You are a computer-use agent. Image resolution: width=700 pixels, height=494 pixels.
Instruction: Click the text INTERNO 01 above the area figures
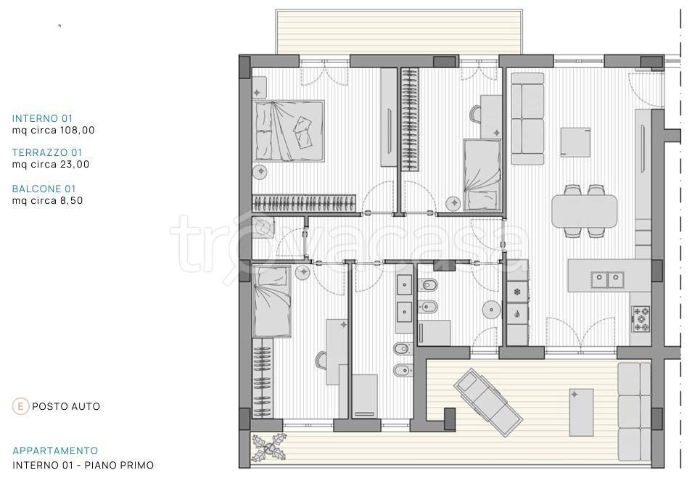tap(42, 118)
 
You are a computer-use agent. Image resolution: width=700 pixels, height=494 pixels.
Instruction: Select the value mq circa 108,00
tap(54, 131)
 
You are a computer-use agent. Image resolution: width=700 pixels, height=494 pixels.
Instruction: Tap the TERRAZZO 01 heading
tap(47, 152)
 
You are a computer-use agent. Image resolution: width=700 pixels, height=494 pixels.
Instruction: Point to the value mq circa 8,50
tap(47, 200)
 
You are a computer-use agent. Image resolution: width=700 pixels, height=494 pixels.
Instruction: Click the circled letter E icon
tap(20, 406)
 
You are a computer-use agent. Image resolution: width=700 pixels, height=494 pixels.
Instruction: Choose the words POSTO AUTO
tap(66, 406)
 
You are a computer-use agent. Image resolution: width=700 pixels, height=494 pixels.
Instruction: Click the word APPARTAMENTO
tap(55, 450)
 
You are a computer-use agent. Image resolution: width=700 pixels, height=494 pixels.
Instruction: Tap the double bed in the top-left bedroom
tap(289, 131)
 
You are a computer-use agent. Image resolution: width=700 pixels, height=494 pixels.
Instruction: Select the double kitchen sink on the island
tap(608, 280)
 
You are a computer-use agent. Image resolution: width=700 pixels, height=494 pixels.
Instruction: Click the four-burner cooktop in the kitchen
tap(641, 319)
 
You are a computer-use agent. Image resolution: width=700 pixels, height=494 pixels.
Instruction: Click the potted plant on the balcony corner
tap(268, 447)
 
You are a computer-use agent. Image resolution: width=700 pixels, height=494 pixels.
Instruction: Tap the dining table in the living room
tap(585, 211)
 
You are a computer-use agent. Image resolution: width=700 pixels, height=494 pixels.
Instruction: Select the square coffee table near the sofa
tap(575, 142)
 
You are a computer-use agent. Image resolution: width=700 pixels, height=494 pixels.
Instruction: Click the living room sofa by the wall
tap(527, 119)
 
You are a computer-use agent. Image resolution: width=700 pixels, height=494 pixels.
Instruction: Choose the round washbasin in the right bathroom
tap(490, 309)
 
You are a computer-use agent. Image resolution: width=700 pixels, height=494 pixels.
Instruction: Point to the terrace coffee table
tap(581, 412)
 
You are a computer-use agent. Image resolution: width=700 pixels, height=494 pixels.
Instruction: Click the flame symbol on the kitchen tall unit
tap(517, 313)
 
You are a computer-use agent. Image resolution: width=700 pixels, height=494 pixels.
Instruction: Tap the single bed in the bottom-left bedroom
tap(272, 302)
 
